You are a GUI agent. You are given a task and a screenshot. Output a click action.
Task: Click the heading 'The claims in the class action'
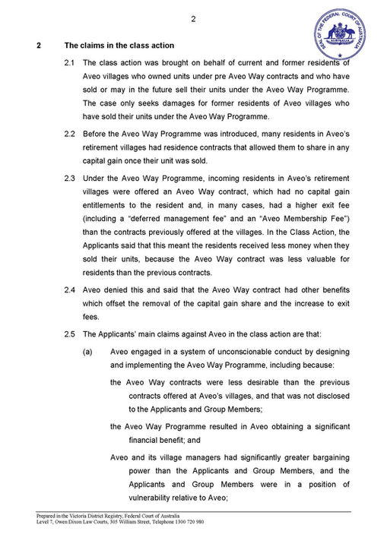click(119, 46)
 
